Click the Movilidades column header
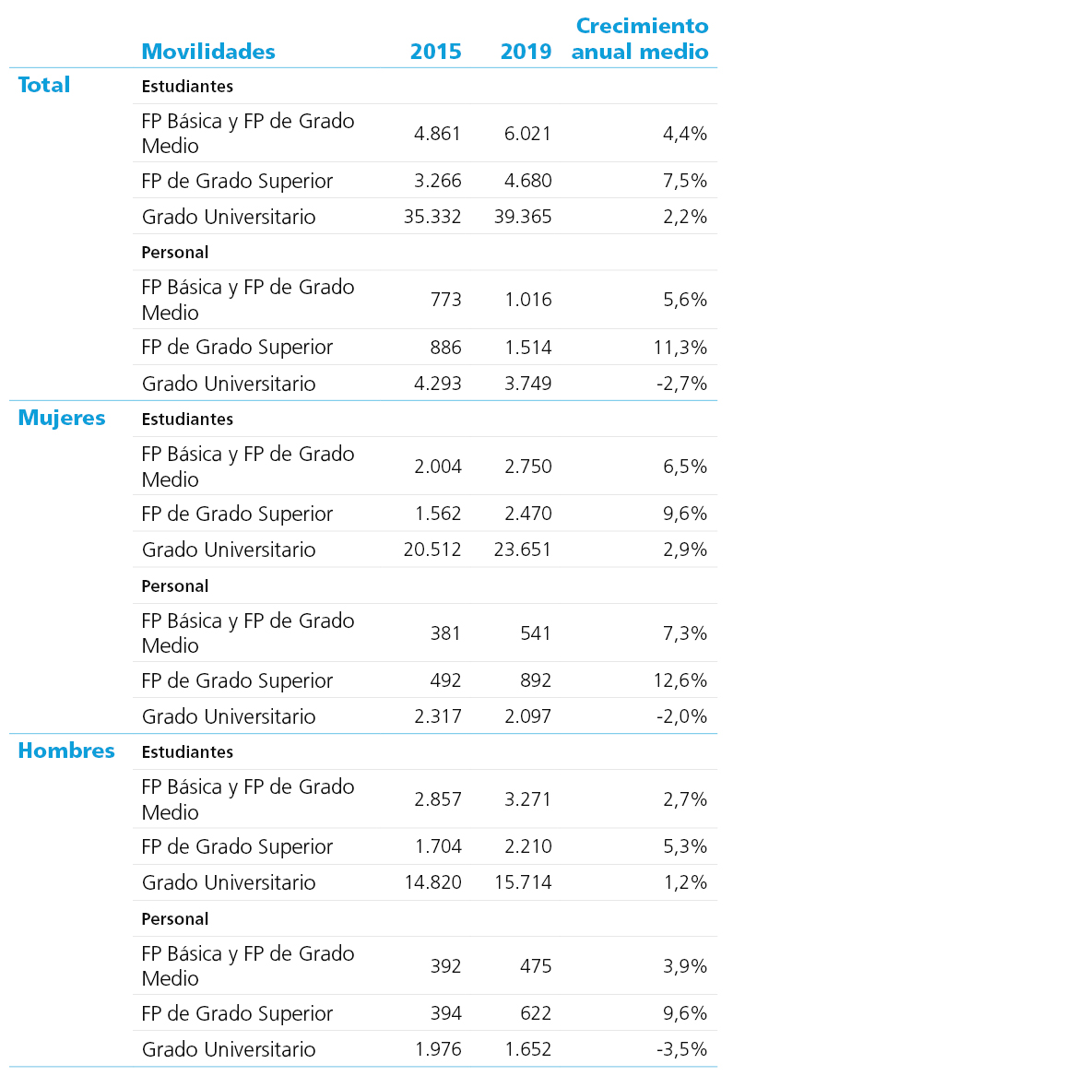click(x=208, y=52)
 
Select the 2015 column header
click(x=436, y=52)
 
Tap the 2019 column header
click(x=526, y=52)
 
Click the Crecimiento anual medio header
click(x=640, y=38)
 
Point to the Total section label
click(x=43, y=85)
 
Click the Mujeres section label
click(x=62, y=419)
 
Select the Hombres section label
click(x=66, y=751)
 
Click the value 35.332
click(x=432, y=217)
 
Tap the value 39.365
click(x=523, y=217)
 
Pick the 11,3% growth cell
click(x=680, y=347)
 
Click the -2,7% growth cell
click(x=681, y=383)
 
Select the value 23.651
click(x=523, y=550)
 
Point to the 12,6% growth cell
click(x=680, y=680)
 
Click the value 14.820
click(x=433, y=882)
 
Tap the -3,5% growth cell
click(x=681, y=1049)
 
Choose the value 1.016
click(x=528, y=300)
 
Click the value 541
click(x=536, y=633)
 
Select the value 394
click(x=445, y=1013)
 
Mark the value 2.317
click(x=438, y=716)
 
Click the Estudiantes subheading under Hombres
click(x=187, y=752)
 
